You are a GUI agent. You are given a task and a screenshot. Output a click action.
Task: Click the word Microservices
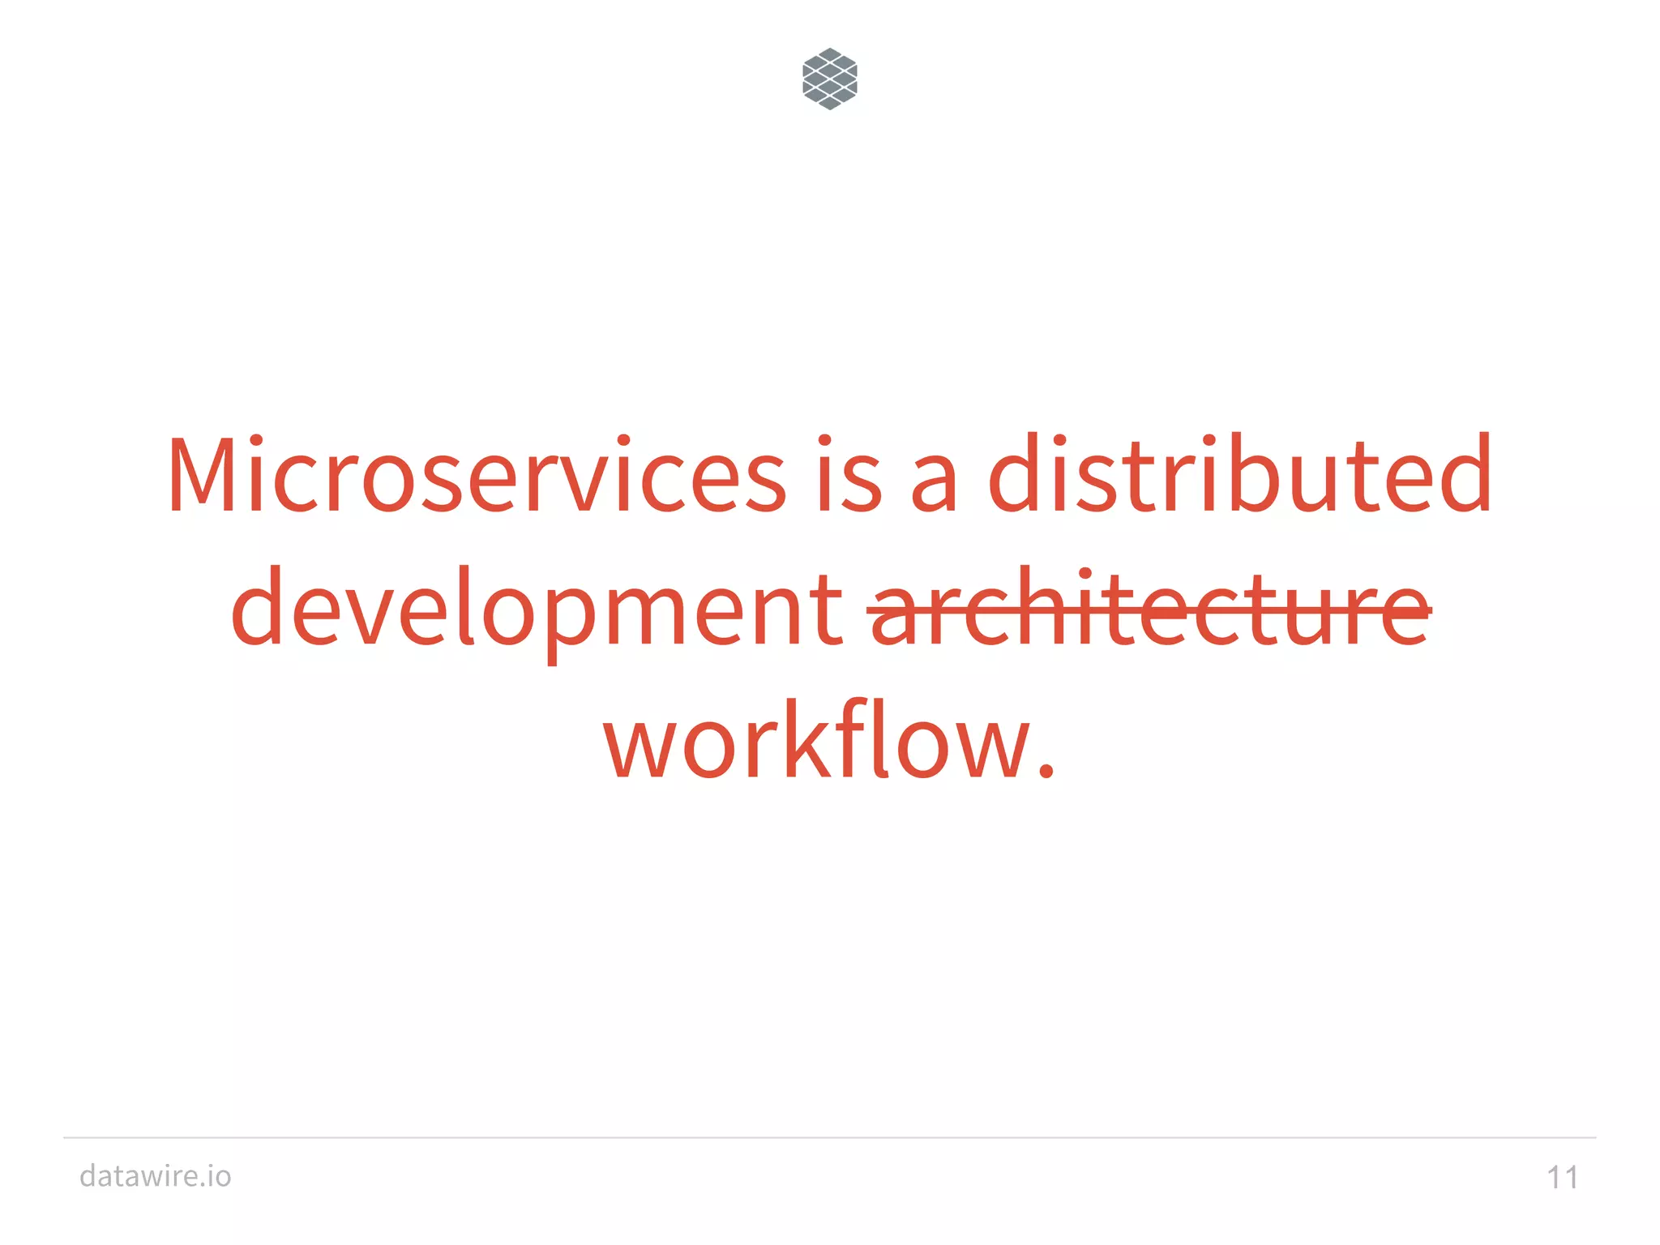tap(476, 476)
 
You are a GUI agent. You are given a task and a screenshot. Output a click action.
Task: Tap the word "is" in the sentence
tap(849, 476)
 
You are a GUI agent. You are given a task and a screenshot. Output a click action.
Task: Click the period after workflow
tap(1046, 769)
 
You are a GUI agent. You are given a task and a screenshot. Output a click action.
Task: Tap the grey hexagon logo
tap(829, 79)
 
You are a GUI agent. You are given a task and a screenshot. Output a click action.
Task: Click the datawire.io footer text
tap(156, 1175)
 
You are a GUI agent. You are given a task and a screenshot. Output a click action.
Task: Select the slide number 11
tap(1563, 1177)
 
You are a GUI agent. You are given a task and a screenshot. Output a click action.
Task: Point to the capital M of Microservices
tap(203, 476)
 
